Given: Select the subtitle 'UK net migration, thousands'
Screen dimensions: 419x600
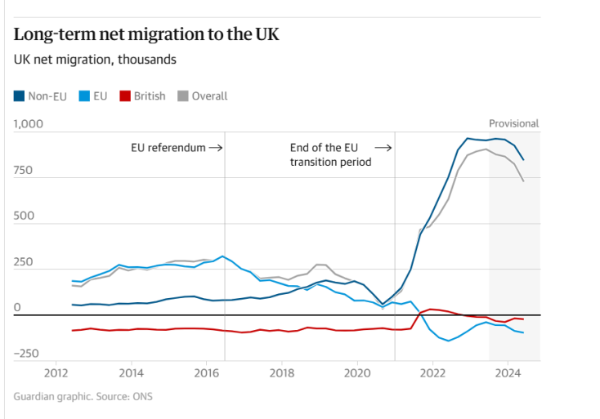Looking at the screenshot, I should click(x=95, y=60).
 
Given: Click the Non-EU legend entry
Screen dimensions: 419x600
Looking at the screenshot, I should click(x=41, y=96).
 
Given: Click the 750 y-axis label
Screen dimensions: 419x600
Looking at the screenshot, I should click(x=24, y=171).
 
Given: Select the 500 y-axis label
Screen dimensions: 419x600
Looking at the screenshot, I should click(x=24, y=216).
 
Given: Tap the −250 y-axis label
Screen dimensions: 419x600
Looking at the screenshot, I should click(x=25, y=354).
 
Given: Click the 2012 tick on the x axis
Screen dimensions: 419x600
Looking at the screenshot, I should click(x=56, y=372).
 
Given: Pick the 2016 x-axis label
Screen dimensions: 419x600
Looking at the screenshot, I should click(x=207, y=372).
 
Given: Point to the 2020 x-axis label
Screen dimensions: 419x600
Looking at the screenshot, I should click(x=357, y=372).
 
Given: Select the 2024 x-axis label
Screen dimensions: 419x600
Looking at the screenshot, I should click(x=508, y=372).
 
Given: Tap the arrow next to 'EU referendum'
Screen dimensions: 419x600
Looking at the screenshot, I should click(x=216, y=148).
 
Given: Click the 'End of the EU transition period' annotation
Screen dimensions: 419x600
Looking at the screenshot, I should click(x=330, y=155).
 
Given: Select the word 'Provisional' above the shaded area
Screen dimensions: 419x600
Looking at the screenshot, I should click(x=513, y=123).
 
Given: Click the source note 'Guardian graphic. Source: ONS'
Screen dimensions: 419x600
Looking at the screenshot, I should click(x=83, y=397).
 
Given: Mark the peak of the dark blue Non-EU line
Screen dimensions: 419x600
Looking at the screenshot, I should click(x=468, y=138).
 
